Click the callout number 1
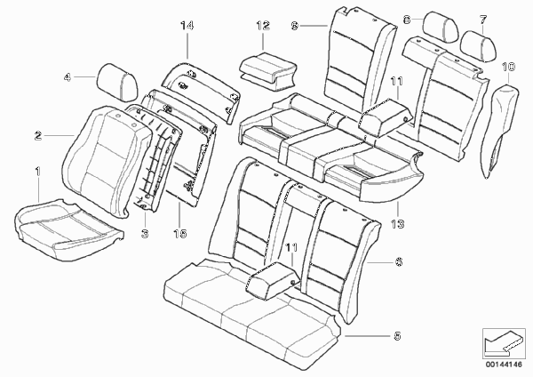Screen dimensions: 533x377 coord(37,171)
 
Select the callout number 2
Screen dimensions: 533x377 coord(38,136)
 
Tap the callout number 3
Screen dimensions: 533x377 coord(145,233)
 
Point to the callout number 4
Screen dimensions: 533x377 coord(68,77)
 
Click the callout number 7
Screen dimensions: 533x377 coord(483,20)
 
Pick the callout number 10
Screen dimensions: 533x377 coord(508,67)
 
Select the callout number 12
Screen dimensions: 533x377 coord(263,26)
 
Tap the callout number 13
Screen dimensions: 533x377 coord(397,223)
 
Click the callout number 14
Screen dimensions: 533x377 coord(187,25)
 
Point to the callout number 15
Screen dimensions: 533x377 coord(179,233)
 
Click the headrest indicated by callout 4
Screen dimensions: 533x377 coord(118,83)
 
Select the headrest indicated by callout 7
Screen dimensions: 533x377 coord(478,46)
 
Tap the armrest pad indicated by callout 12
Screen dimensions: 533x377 coord(266,71)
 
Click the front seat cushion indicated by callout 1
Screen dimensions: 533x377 coord(68,229)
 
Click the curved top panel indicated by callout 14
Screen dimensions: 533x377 coord(202,92)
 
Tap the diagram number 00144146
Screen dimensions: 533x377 coord(504,365)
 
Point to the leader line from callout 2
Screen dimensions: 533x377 coord(60,136)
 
